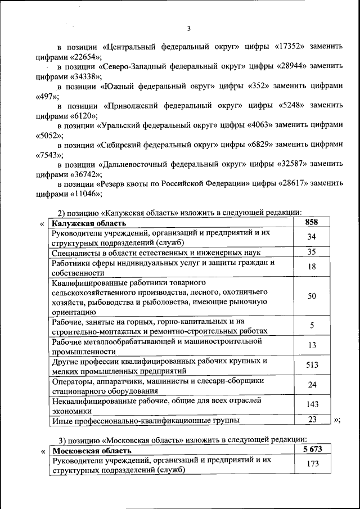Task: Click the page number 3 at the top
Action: (x=189, y=29)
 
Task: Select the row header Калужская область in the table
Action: (x=84, y=224)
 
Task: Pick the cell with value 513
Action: (x=312, y=365)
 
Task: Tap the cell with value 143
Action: (x=312, y=404)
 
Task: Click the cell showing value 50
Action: (x=312, y=296)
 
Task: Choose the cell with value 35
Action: (x=312, y=252)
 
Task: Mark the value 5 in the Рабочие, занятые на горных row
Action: (x=312, y=326)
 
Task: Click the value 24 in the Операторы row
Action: (x=312, y=385)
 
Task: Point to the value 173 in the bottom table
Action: (x=312, y=465)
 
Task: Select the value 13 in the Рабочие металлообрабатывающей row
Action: (x=312, y=345)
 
